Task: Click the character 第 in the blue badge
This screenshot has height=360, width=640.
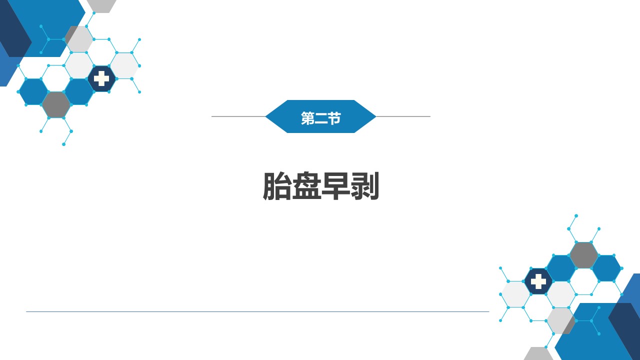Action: (307, 118)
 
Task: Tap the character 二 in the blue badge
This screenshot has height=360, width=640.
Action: (321, 118)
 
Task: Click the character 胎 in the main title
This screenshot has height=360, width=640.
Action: (277, 186)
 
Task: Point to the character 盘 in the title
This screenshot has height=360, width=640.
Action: (306, 186)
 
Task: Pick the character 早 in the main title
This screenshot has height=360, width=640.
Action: (335, 186)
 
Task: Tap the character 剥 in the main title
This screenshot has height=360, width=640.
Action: (364, 186)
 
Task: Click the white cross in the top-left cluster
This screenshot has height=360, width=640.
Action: (101, 78)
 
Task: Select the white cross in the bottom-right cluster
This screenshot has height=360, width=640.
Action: (538, 281)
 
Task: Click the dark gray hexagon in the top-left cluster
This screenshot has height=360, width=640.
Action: (56, 104)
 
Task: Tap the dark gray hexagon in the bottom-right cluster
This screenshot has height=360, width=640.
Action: (583, 255)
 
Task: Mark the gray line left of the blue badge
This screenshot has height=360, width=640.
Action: (238, 116)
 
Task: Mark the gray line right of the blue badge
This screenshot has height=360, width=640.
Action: (403, 116)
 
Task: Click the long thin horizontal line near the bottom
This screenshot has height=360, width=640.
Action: (257, 311)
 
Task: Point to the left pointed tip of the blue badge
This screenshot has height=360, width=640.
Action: (265, 116)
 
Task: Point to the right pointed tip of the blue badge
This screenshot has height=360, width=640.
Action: (376, 116)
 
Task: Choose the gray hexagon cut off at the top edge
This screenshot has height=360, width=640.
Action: (101, 5)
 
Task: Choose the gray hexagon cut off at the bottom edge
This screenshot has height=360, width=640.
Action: (538, 354)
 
